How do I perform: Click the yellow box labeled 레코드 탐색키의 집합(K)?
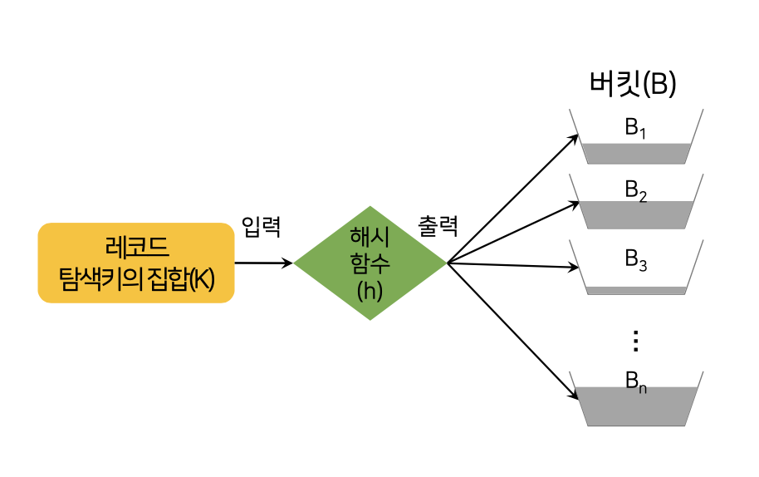point(136,263)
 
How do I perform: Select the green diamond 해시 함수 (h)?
point(370,263)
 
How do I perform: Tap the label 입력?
point(262,226)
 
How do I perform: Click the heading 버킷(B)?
point(633,85)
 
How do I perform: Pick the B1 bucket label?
point(635,128)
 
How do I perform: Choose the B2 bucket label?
point(635,190)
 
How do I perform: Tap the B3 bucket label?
point(635,258)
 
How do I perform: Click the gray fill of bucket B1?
point(636,154)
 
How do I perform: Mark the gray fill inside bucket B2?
point(636,215)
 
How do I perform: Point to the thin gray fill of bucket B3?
point(636,290)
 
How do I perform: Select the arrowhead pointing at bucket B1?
point(573,136)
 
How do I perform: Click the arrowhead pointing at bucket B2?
point(573,201)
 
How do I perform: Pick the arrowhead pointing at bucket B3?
point(573,268)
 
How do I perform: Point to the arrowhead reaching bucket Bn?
point(573,395)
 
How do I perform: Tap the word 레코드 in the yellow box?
point(136,248)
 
